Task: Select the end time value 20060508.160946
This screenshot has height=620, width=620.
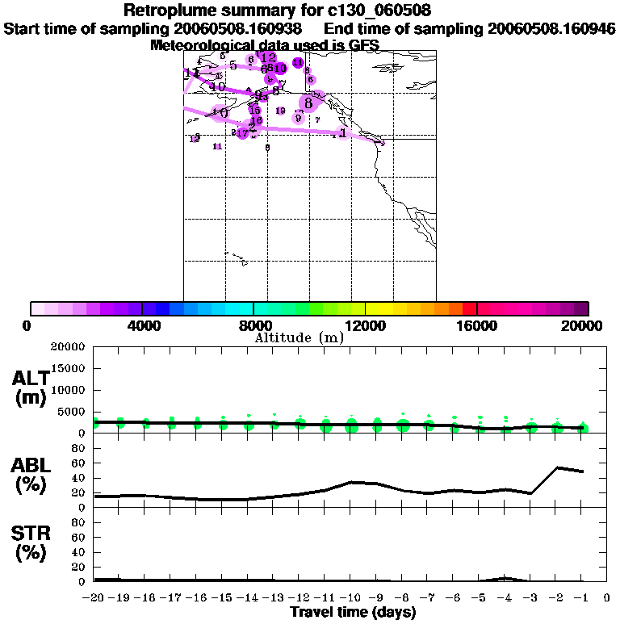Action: point(553,28)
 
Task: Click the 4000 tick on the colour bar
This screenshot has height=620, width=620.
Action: point(142,325)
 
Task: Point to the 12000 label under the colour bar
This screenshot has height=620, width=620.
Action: point(365,325)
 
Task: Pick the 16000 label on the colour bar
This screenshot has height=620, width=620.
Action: point(477,325)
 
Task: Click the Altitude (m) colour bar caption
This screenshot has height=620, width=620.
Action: point(299,337)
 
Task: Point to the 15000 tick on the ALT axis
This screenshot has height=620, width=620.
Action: point(68,368)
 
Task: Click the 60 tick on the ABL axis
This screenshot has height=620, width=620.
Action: point(79,463)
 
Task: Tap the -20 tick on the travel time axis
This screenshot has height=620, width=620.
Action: point(94,598)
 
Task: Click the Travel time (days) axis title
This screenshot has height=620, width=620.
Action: point(353,613)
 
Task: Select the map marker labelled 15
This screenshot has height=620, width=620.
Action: point(254,110)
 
